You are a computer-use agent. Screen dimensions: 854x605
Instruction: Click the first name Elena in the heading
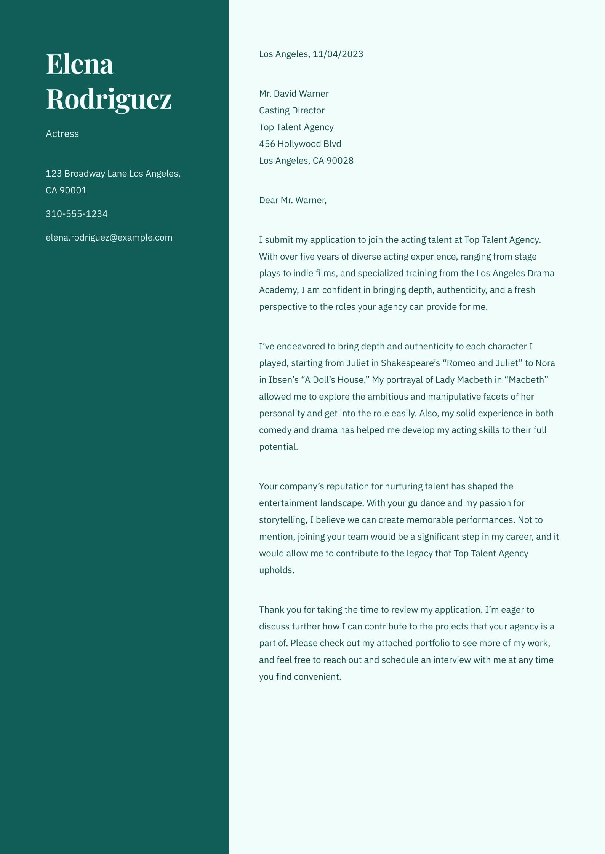click(x=80, y=64)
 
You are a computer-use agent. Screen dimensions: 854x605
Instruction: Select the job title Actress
click(x=62, y=134)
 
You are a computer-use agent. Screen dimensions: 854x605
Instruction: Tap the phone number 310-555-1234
click(x=77, y=214)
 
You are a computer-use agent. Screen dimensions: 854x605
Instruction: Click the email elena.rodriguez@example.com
click(x=109, y=237)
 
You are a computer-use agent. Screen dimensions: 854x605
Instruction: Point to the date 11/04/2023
click(x=338, y=54)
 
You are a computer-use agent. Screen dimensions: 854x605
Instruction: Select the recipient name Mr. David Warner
click(x=294, y=94)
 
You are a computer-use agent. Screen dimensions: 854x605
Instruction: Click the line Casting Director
click(x=291, y=110)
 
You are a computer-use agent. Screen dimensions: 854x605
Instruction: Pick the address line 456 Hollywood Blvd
click(x=300, y=144)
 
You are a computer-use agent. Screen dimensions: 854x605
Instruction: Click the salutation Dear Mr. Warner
click(x=293, y=200)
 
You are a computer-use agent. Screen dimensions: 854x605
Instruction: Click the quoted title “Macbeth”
click(x=526, y=380)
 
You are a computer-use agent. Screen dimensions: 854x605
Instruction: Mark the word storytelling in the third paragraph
click(x=282, y=520)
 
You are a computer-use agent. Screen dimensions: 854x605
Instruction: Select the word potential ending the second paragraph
click(x=278, y=447)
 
